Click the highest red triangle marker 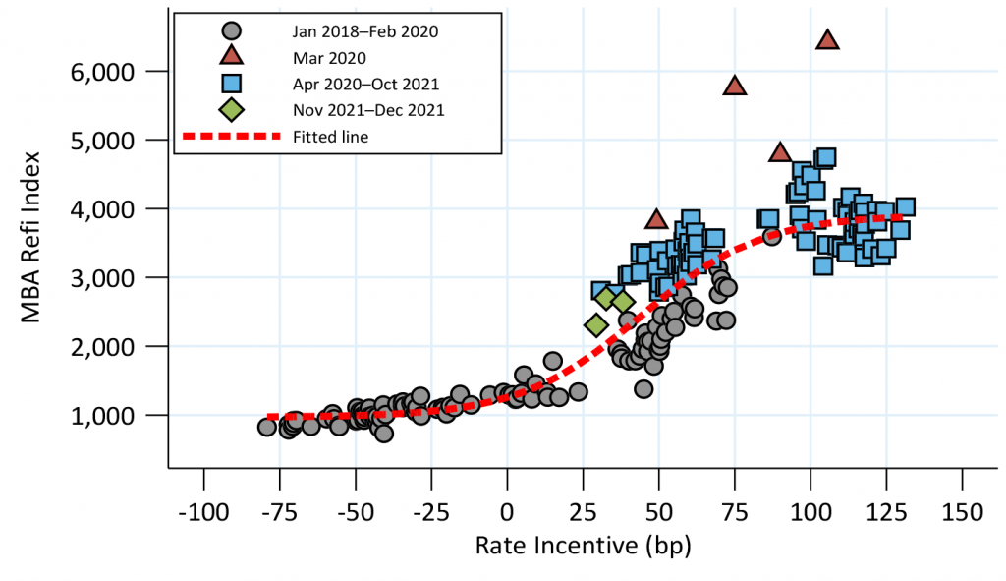pyautogui.click(x=827, y=39)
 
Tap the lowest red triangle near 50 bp pyautogui.click(x=656, y=219)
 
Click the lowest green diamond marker pyautogui.click(x=595, y=324)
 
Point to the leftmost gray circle pyautogui.click(x=266, y=427)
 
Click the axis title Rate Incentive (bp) pyautogui.click(x=583, y=546)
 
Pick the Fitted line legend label pyautogui.click(x=330, y=137)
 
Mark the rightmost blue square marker pyautogui.click(x=905, y=207)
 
